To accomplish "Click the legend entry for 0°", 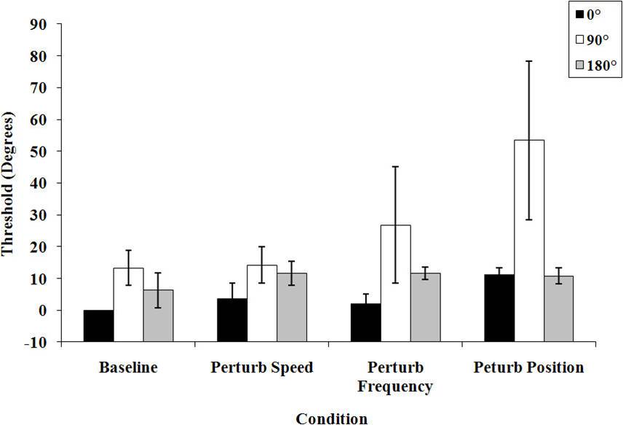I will [590, 14].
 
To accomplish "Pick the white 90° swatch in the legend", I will [579, 40].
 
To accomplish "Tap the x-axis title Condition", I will [331, 418].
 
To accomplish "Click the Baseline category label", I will [128, 367].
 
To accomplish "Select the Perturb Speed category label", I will [262, 367].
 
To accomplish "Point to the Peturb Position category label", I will [529, 367].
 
